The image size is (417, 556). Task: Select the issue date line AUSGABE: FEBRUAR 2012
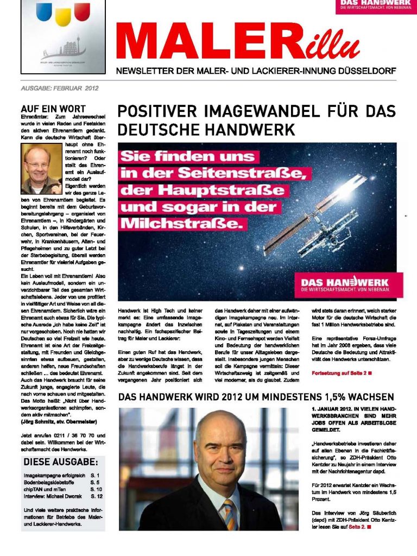click(59, 87)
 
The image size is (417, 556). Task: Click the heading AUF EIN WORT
click(53, 109)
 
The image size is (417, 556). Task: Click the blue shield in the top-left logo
click(44, 11)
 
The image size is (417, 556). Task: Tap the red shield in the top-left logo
click(82, 11)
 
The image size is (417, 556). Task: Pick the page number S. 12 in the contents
click(97, 496)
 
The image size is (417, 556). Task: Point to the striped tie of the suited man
click(230, 513)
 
